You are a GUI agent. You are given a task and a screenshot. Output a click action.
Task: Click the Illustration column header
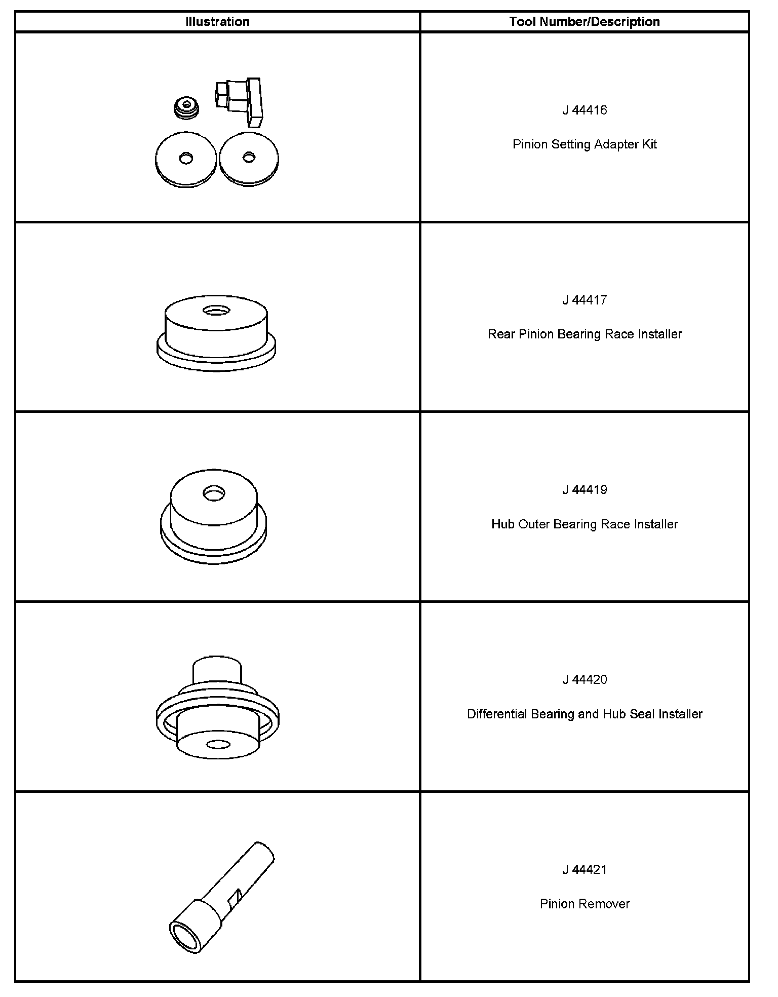(217, 22)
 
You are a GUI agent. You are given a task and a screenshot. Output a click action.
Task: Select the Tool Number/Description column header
(585, 22)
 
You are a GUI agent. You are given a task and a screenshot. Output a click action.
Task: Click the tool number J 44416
(585, 110)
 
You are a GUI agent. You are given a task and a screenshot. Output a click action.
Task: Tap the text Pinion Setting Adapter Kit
(585, 144)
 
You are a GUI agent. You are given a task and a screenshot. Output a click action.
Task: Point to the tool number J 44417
(585, 300)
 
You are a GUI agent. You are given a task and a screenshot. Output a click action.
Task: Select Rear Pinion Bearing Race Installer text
(585, 334)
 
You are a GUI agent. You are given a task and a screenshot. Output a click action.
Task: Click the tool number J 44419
(585, 490)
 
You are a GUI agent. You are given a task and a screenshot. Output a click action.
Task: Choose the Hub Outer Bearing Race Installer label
(585, 524)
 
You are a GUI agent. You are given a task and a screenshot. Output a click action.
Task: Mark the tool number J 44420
(585, 680)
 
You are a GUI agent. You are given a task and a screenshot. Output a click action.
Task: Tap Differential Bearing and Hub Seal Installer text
(585, 714)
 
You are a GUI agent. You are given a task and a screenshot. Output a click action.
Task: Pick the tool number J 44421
(585, 870)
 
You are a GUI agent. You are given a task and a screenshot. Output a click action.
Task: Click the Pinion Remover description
(585, 904)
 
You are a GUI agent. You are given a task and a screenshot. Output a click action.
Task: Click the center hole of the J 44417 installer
(216, 310)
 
